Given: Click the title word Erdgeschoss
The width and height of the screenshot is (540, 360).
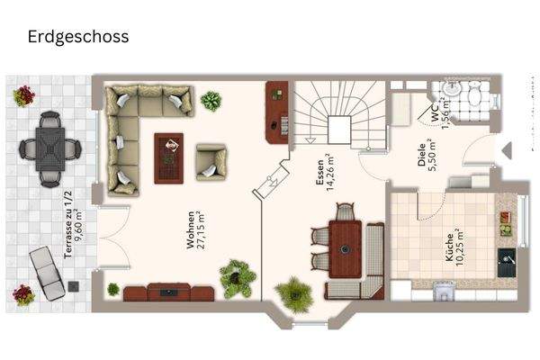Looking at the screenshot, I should tap(77, 37).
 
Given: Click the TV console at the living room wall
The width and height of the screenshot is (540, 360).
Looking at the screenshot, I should tap(168, 291).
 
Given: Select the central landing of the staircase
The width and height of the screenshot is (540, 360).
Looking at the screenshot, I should tap(340, 127).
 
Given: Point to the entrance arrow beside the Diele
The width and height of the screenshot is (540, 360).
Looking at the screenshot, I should tap(506, 150).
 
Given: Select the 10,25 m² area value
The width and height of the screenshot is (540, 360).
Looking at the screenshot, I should tap(461, 244).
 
